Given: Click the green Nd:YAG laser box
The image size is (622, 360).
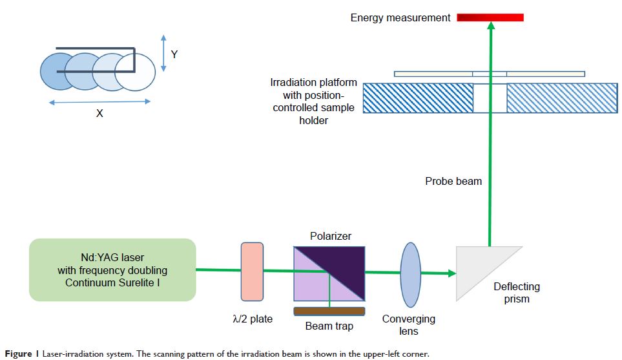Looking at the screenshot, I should coord(112,270).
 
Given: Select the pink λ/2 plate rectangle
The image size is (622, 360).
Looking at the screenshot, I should coord(252,271).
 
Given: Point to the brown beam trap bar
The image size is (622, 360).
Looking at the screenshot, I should coord(329,312).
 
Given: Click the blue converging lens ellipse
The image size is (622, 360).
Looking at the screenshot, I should coord(411,271).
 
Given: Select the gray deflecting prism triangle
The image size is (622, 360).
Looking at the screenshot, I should coord(481,268).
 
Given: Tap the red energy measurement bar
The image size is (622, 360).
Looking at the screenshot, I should coord(490,17).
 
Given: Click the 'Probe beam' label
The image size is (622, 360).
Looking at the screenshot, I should coord(453,182).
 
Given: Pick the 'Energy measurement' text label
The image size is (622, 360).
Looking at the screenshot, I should coord(400,18).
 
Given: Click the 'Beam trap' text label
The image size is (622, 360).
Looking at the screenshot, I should coord(329,326).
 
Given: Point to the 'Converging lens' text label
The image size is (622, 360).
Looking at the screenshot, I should coord(409,325).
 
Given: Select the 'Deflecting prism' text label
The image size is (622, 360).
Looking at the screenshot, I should coord(516,293).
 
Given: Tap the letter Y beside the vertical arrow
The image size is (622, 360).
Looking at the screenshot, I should coord(174,55).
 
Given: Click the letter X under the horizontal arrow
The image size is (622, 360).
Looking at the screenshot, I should coord(99,113).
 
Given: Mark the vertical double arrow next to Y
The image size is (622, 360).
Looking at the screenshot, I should coord(163,53).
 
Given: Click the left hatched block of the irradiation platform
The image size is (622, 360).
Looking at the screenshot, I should coord(417,98).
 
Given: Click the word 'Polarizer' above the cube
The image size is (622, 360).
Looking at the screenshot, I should coord(330,237).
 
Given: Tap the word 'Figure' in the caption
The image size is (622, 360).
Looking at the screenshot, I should coord(17,354).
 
